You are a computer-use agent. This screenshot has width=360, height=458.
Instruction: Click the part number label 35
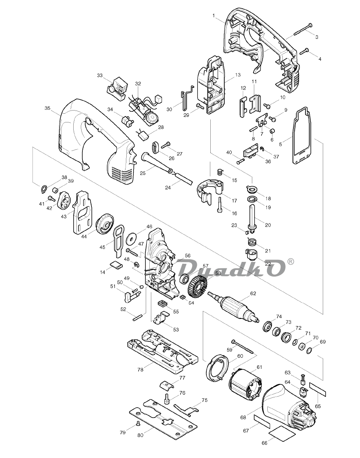(47, 108)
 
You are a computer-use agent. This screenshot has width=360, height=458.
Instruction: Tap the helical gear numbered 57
(197, 287)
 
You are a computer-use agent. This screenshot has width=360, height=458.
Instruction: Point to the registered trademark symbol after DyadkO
(291, 262)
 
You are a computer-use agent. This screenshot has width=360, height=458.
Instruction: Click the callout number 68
(243, 418)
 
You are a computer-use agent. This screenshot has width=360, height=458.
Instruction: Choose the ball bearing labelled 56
(185, 279)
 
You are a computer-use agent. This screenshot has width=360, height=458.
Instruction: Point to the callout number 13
(238, 75)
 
